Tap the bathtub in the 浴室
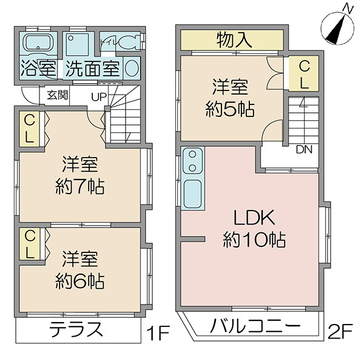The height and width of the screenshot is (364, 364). tap(38, 43)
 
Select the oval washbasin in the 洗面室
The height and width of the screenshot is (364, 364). tap(132, 68)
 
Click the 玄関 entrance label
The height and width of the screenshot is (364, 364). tap(58, 95)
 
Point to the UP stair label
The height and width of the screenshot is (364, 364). tap(99, 97)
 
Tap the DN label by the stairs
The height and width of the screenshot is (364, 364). tap(304, 150)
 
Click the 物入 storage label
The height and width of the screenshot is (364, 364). tap(234, 40)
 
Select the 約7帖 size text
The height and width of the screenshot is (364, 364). tap(80, 187)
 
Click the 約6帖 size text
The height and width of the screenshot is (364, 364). tap(80, 281)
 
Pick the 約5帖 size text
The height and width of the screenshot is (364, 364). tap(230, 109)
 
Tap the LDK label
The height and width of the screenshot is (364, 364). tap(254, 218)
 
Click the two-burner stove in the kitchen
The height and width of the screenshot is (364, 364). tap(192, 161)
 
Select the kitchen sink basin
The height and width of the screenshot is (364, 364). tap(192, 194)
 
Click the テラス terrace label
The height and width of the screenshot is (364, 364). tap(76, 329)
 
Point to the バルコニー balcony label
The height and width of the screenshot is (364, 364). tap(255, 326)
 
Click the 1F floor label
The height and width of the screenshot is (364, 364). tap(157, 332)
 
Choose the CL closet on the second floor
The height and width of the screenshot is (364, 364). tap(304, 73)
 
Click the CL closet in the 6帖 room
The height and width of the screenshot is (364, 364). tap(30, 244)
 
